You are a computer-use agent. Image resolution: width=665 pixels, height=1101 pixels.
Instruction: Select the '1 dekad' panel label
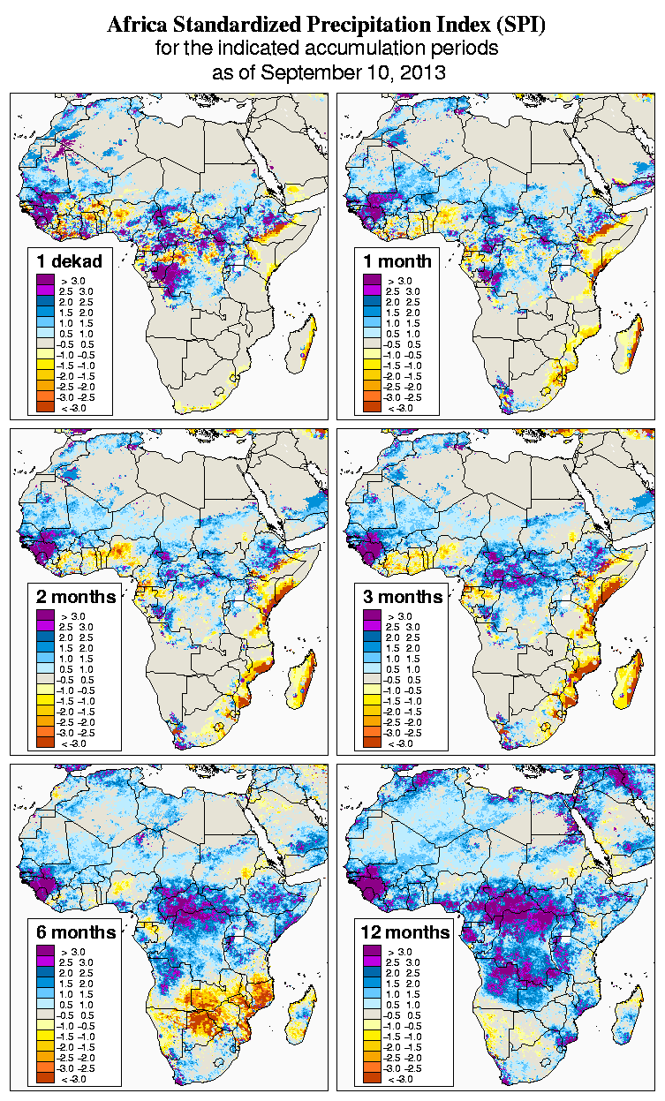tap(70, 260)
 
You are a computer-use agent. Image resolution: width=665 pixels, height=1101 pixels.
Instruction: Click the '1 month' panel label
tap(397, 260)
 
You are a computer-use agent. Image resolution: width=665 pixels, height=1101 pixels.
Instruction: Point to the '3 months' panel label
tap(403, 596)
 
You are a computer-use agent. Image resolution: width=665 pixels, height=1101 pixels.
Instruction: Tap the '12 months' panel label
tap(405, 932)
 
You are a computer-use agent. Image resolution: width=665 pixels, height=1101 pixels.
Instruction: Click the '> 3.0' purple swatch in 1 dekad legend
tap(45, 280)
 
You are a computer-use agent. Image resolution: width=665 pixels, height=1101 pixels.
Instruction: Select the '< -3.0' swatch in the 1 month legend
tap(372, 407)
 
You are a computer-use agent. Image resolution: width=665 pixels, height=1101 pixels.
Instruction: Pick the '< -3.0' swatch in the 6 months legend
tap(45, 1079)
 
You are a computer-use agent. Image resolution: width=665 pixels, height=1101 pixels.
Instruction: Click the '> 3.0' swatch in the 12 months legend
tap(372, 952)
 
